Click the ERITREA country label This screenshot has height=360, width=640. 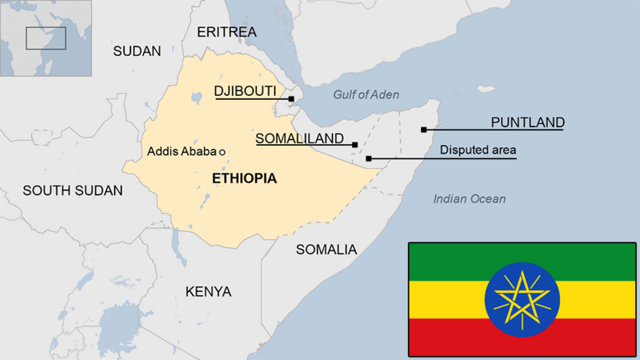[226, 32]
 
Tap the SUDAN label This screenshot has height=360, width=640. [137, 51]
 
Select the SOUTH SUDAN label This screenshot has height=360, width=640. [73, 190]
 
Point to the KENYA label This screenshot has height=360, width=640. [208, 291]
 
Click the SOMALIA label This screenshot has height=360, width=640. [326, 250]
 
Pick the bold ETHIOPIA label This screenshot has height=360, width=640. [244, 178]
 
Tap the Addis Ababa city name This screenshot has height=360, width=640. [182, 151]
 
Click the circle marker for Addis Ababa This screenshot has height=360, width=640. [222, 151]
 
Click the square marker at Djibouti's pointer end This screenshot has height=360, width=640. [291, 99]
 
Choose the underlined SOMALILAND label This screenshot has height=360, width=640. [300, 138]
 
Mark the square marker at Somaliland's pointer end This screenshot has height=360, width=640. [354, 145]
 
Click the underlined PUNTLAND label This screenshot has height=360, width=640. [527, 122]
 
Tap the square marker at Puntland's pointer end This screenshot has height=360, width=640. [423, 129]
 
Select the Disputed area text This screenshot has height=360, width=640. [478, 150]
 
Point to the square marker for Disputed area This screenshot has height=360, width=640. [368, 158]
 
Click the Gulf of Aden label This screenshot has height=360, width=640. [366, 95]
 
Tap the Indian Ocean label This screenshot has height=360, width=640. [470, 198]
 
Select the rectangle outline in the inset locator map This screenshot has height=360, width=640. [46, 38]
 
